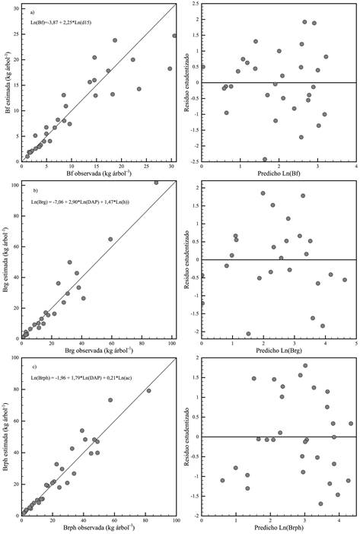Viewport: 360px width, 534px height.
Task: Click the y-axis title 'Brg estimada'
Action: (x=8, y=261)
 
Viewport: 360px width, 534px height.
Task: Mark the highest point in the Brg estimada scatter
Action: (x=156, y=183)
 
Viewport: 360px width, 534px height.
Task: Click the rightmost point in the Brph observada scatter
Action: (x=148, y=391)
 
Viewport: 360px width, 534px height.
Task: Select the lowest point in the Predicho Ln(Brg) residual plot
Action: (x=248, y=333)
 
